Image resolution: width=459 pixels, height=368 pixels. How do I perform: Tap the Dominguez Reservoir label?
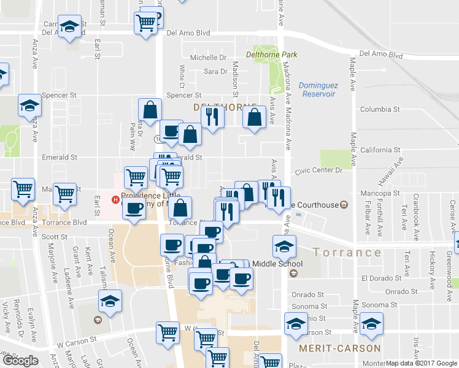click(x=317, y=90)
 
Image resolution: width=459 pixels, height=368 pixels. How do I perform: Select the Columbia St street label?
click(x=380, y=109)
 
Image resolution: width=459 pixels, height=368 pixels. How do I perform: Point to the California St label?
click(x=380, y=150)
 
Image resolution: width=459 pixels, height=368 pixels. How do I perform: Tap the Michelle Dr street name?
click(x=208, y=58)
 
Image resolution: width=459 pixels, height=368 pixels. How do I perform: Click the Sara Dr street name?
click(x=215, y=72)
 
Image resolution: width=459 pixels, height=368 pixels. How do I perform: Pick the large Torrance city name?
click(x=347, y=252)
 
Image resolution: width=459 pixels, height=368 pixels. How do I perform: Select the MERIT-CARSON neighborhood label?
click(x=340, y=348)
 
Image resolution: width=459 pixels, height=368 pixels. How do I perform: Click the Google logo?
click(x=20, y=361)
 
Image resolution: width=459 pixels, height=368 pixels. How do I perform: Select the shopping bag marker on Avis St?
click(x=254, y=117)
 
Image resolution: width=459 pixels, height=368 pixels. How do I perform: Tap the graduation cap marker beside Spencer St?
click(x=29, y=106)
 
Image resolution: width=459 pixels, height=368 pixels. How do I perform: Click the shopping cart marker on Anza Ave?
click(x=23, y=189)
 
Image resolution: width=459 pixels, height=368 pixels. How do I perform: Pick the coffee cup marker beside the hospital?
click(x=133, y=208)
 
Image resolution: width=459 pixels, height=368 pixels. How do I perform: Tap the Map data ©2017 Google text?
click(x=422, y=362)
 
